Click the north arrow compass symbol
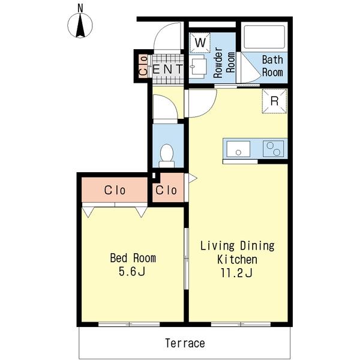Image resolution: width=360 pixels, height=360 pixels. point(80,25)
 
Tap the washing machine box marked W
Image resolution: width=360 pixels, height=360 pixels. point(200,43)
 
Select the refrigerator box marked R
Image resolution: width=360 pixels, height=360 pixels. point(275,101)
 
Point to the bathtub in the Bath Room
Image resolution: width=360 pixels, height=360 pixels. point(264,37)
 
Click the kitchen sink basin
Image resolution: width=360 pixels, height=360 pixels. point(238,149)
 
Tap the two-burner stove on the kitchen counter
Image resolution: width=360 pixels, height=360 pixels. point(273,149)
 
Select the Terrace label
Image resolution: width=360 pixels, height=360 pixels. point(185,343)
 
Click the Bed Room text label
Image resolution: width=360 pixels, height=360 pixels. point(133,258)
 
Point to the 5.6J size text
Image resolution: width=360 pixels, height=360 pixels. point(132,272)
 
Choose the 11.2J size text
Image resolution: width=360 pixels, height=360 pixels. point(237,273)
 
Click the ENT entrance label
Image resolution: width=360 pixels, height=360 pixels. point(167,69)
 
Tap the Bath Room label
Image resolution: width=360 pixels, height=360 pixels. point(272,66)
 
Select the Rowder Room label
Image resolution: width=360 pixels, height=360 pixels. point(224,62)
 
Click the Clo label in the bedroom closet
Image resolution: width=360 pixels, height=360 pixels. point(115,190)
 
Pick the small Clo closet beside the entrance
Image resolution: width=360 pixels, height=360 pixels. point(143,66)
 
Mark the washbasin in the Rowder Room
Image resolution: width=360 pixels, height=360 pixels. point(198,66)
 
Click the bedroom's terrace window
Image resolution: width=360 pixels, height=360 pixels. point(129,324)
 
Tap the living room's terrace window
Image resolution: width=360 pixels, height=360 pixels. point(241,324)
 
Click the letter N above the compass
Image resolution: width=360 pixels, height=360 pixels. point(80,8)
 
